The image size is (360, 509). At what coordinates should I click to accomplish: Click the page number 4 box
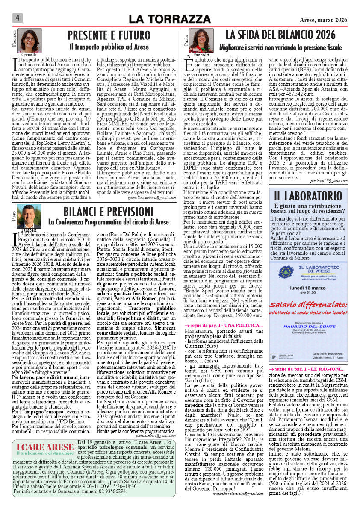17,18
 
